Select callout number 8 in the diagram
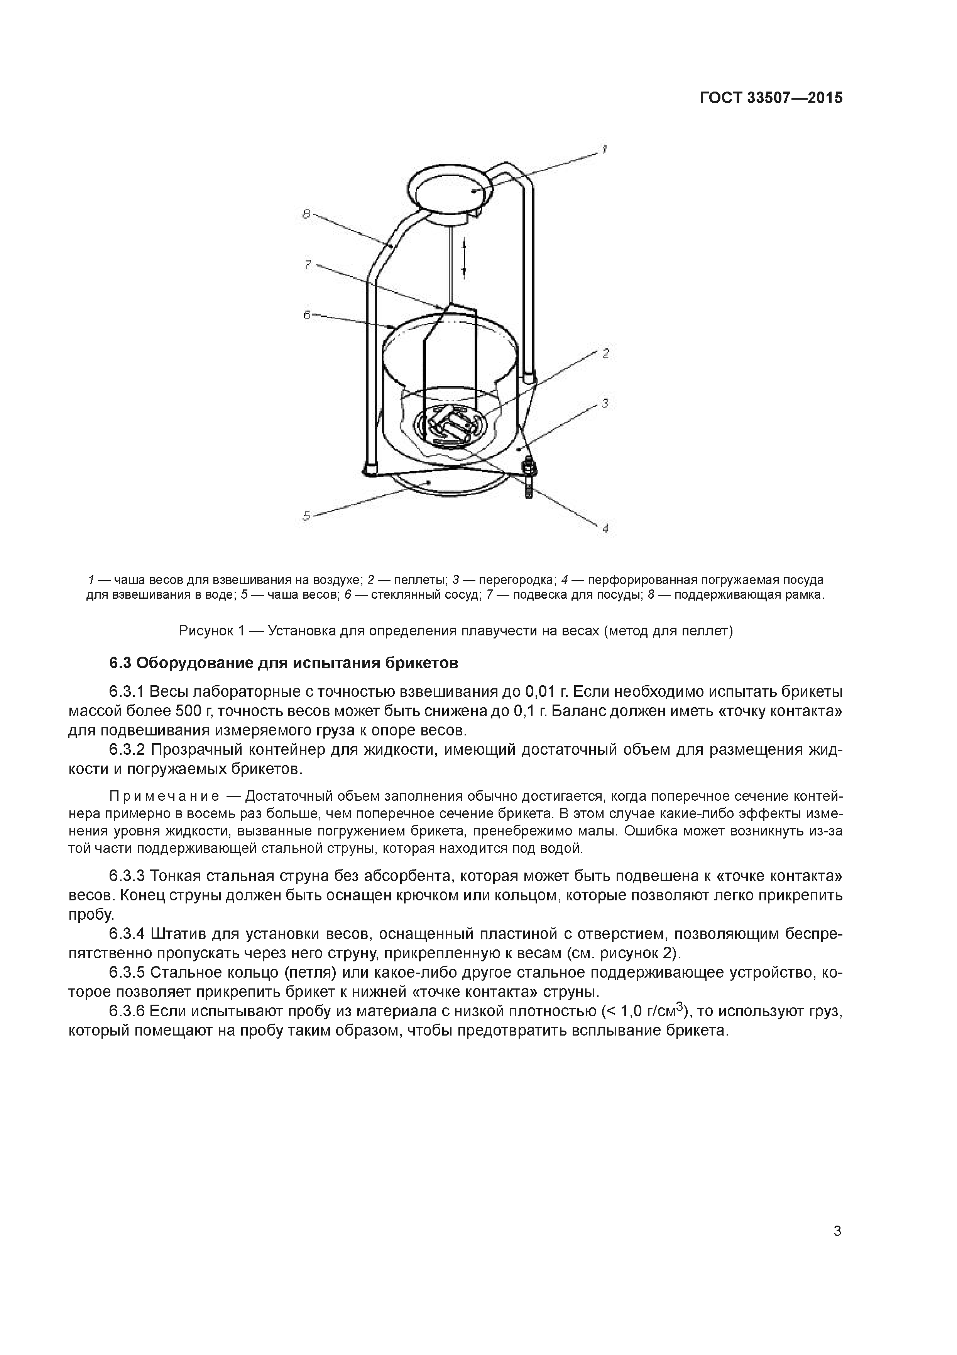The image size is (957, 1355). tap(306, 214)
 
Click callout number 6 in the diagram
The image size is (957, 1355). tap(307, 315)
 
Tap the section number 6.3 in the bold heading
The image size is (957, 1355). tap(120, 663)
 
